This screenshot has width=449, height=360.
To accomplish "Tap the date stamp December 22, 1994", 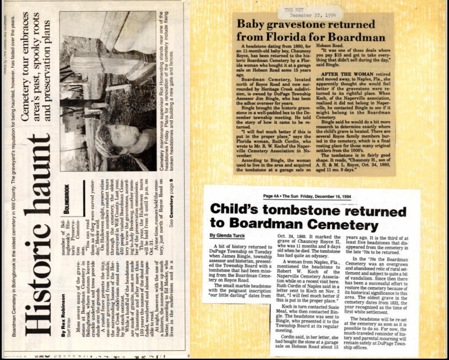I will click(x=307, y=14).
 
